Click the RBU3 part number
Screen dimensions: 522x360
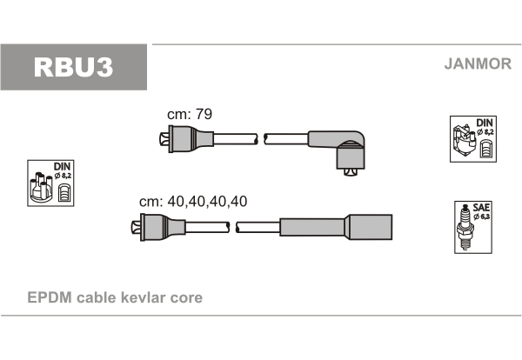tap(73, 67)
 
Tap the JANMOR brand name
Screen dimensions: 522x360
tap(478, 63)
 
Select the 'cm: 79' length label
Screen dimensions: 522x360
tap(190, 114)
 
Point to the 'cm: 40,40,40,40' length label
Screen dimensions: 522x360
tap(193, 201)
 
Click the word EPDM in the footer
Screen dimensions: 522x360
tap(50, 297)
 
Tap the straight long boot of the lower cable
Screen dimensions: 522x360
tap(336, 227)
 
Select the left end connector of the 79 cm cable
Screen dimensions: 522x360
tap(186, 139)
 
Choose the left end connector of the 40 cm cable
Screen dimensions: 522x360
tap(158, 227)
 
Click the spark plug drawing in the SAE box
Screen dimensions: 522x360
tap(465, 227)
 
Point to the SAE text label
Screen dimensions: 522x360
tap(481, 208)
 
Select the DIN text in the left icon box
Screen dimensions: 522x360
tap(63, 166)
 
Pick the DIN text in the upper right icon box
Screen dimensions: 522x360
tap(485, 123)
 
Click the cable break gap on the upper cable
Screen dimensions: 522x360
tap(261, 139)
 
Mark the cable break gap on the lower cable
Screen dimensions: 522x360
tap(232, 227)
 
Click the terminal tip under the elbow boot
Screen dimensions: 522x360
tap(351, 172)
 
